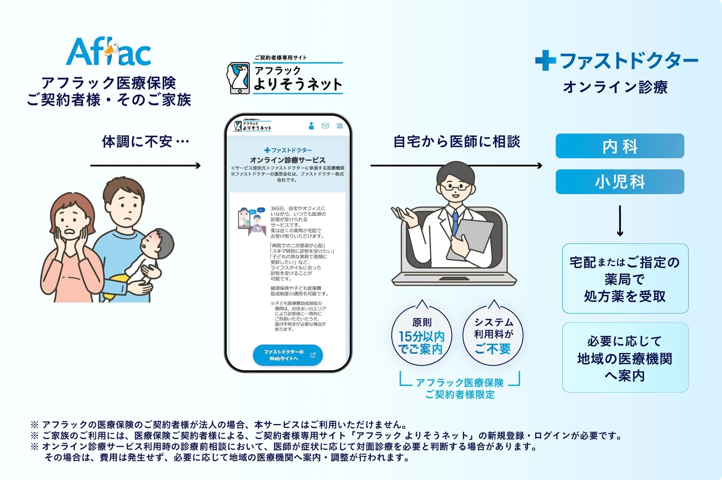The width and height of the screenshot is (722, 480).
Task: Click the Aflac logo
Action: [108, 52]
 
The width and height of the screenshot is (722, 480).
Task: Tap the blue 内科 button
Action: [619, 146]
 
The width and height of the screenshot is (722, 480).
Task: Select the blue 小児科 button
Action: [619, 182]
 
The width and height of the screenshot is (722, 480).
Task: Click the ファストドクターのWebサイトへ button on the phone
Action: [288, 355]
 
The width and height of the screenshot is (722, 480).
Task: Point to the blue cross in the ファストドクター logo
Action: [545, 60]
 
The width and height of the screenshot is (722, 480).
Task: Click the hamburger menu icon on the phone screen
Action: [340, 126]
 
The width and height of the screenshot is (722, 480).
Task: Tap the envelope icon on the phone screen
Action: [325, 126]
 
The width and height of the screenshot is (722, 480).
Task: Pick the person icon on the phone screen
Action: [311, 126]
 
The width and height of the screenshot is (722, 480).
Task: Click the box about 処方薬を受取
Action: [625, 279]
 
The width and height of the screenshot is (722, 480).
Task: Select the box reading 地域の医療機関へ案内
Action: [625, 358]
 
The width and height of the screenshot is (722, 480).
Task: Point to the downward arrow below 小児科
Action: [620, 221]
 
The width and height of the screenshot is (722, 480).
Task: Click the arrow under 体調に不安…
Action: [145, 165]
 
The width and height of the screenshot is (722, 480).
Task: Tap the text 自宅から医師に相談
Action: [457, 142]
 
